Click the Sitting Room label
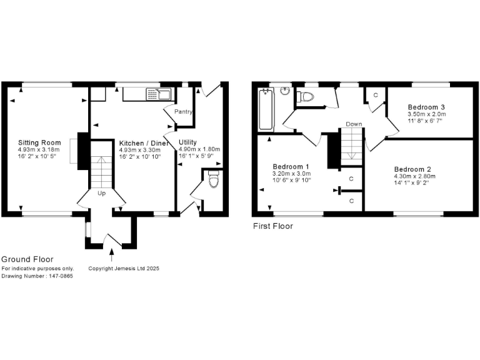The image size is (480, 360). [36, 143]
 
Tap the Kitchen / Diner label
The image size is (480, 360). [144, 143]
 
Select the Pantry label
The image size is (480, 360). [183, 112]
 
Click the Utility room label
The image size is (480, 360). [187, 142]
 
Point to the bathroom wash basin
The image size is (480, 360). [286, 91]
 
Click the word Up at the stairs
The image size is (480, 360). [101, 193]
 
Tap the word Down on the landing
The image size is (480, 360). [354, 124]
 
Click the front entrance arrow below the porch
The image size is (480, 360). [112, 254]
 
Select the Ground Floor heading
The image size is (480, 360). [27, 259]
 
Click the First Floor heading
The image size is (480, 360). [272, 226]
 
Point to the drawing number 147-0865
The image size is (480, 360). [37, 276]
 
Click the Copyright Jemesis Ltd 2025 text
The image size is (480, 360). [124, 269]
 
